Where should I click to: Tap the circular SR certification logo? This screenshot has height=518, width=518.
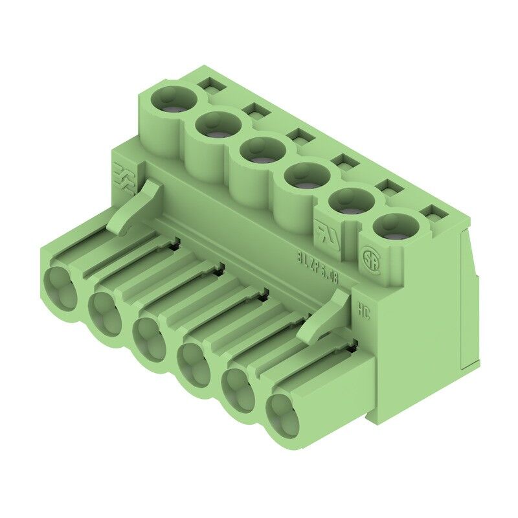[370, 255]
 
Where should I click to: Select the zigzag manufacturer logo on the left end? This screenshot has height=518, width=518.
[123, 179]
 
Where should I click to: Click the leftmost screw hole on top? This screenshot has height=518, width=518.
[173, 100]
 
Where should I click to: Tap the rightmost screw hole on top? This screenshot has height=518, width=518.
[395, 227]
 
